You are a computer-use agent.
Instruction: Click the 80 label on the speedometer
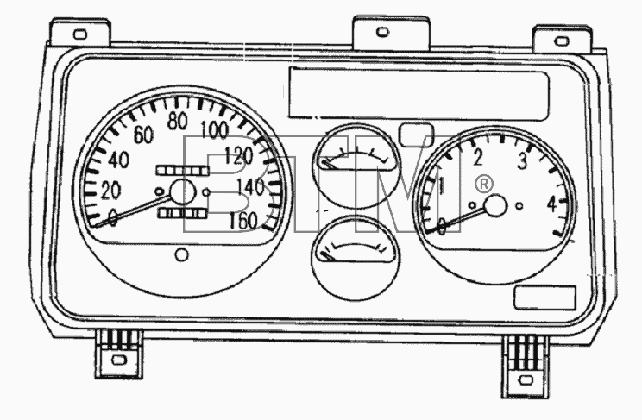(x=178, y=121)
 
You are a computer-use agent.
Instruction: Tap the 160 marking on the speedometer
(x=243, y=221)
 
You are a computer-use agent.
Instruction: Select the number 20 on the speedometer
(x=110, y=191)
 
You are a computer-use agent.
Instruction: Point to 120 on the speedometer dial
(x=239, y=155)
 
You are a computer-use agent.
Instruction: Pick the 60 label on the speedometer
(x=143, y=135)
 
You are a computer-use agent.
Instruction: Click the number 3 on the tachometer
(x=522, y=160)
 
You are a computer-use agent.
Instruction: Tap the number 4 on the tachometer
(x=553, y=204)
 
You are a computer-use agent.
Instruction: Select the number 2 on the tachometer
(x=477, y=158)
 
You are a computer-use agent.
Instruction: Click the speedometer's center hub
(x=183, y=191)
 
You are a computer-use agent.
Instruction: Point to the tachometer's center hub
(x=496, y=206)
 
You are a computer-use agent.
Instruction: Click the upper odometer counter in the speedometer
(x=182, y=170)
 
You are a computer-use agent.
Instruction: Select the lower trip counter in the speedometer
(x=182, y=213)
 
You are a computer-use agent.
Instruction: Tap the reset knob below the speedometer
(x=182, y=254)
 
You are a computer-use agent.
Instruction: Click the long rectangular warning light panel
(x=419, y=94)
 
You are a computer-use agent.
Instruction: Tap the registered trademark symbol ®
(x=484, y=185)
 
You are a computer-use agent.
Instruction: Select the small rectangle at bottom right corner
(x=545, y=298)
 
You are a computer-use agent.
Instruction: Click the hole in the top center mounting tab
(x=382, y=32)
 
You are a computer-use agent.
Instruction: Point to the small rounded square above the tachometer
(x=416, y=135)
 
